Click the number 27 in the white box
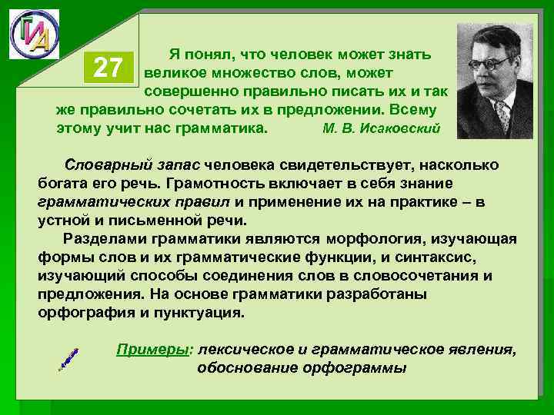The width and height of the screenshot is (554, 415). point(108,69)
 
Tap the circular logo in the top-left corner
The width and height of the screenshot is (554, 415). point(33,35)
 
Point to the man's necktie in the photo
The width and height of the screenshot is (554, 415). point(503,114)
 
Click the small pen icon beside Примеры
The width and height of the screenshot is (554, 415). point(68,358)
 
